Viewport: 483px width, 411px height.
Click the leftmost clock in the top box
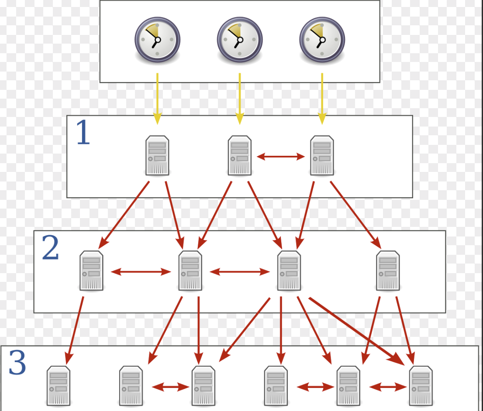point(157,39)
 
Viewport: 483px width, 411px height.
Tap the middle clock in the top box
point(240,39)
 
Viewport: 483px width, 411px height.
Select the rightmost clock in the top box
point(322,39)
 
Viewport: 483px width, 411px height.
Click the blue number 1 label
point(83,133)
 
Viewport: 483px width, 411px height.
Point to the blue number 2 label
point(50,248)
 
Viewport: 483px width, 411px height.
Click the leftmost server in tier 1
point(157,155)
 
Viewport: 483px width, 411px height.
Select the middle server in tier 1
point(240,155)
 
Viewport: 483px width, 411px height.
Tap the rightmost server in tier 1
point(322,155)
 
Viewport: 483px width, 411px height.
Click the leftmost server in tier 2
point(91,271)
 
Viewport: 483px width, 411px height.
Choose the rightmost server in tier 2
point(388,271)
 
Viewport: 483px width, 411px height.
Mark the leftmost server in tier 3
point(59,386)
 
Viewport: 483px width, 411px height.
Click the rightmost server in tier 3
point(421,386)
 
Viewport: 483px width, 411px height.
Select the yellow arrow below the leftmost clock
point(157,98)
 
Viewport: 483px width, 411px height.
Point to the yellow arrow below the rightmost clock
point(322,98)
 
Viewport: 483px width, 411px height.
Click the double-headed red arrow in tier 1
point(281,156)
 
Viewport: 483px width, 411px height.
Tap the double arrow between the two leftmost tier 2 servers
point(141,272)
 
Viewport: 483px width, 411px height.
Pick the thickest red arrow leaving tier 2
point(356,330)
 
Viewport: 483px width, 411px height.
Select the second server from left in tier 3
point(131,386)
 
